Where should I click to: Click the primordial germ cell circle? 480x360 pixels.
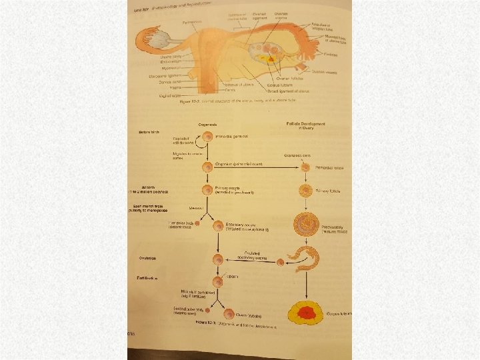208,136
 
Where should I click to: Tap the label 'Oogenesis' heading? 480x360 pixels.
212,125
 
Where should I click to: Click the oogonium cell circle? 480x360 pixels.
208,166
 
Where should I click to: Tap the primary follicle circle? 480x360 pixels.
306,191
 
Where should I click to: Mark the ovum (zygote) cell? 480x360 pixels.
229,314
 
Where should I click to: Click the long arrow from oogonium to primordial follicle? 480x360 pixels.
257,167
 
